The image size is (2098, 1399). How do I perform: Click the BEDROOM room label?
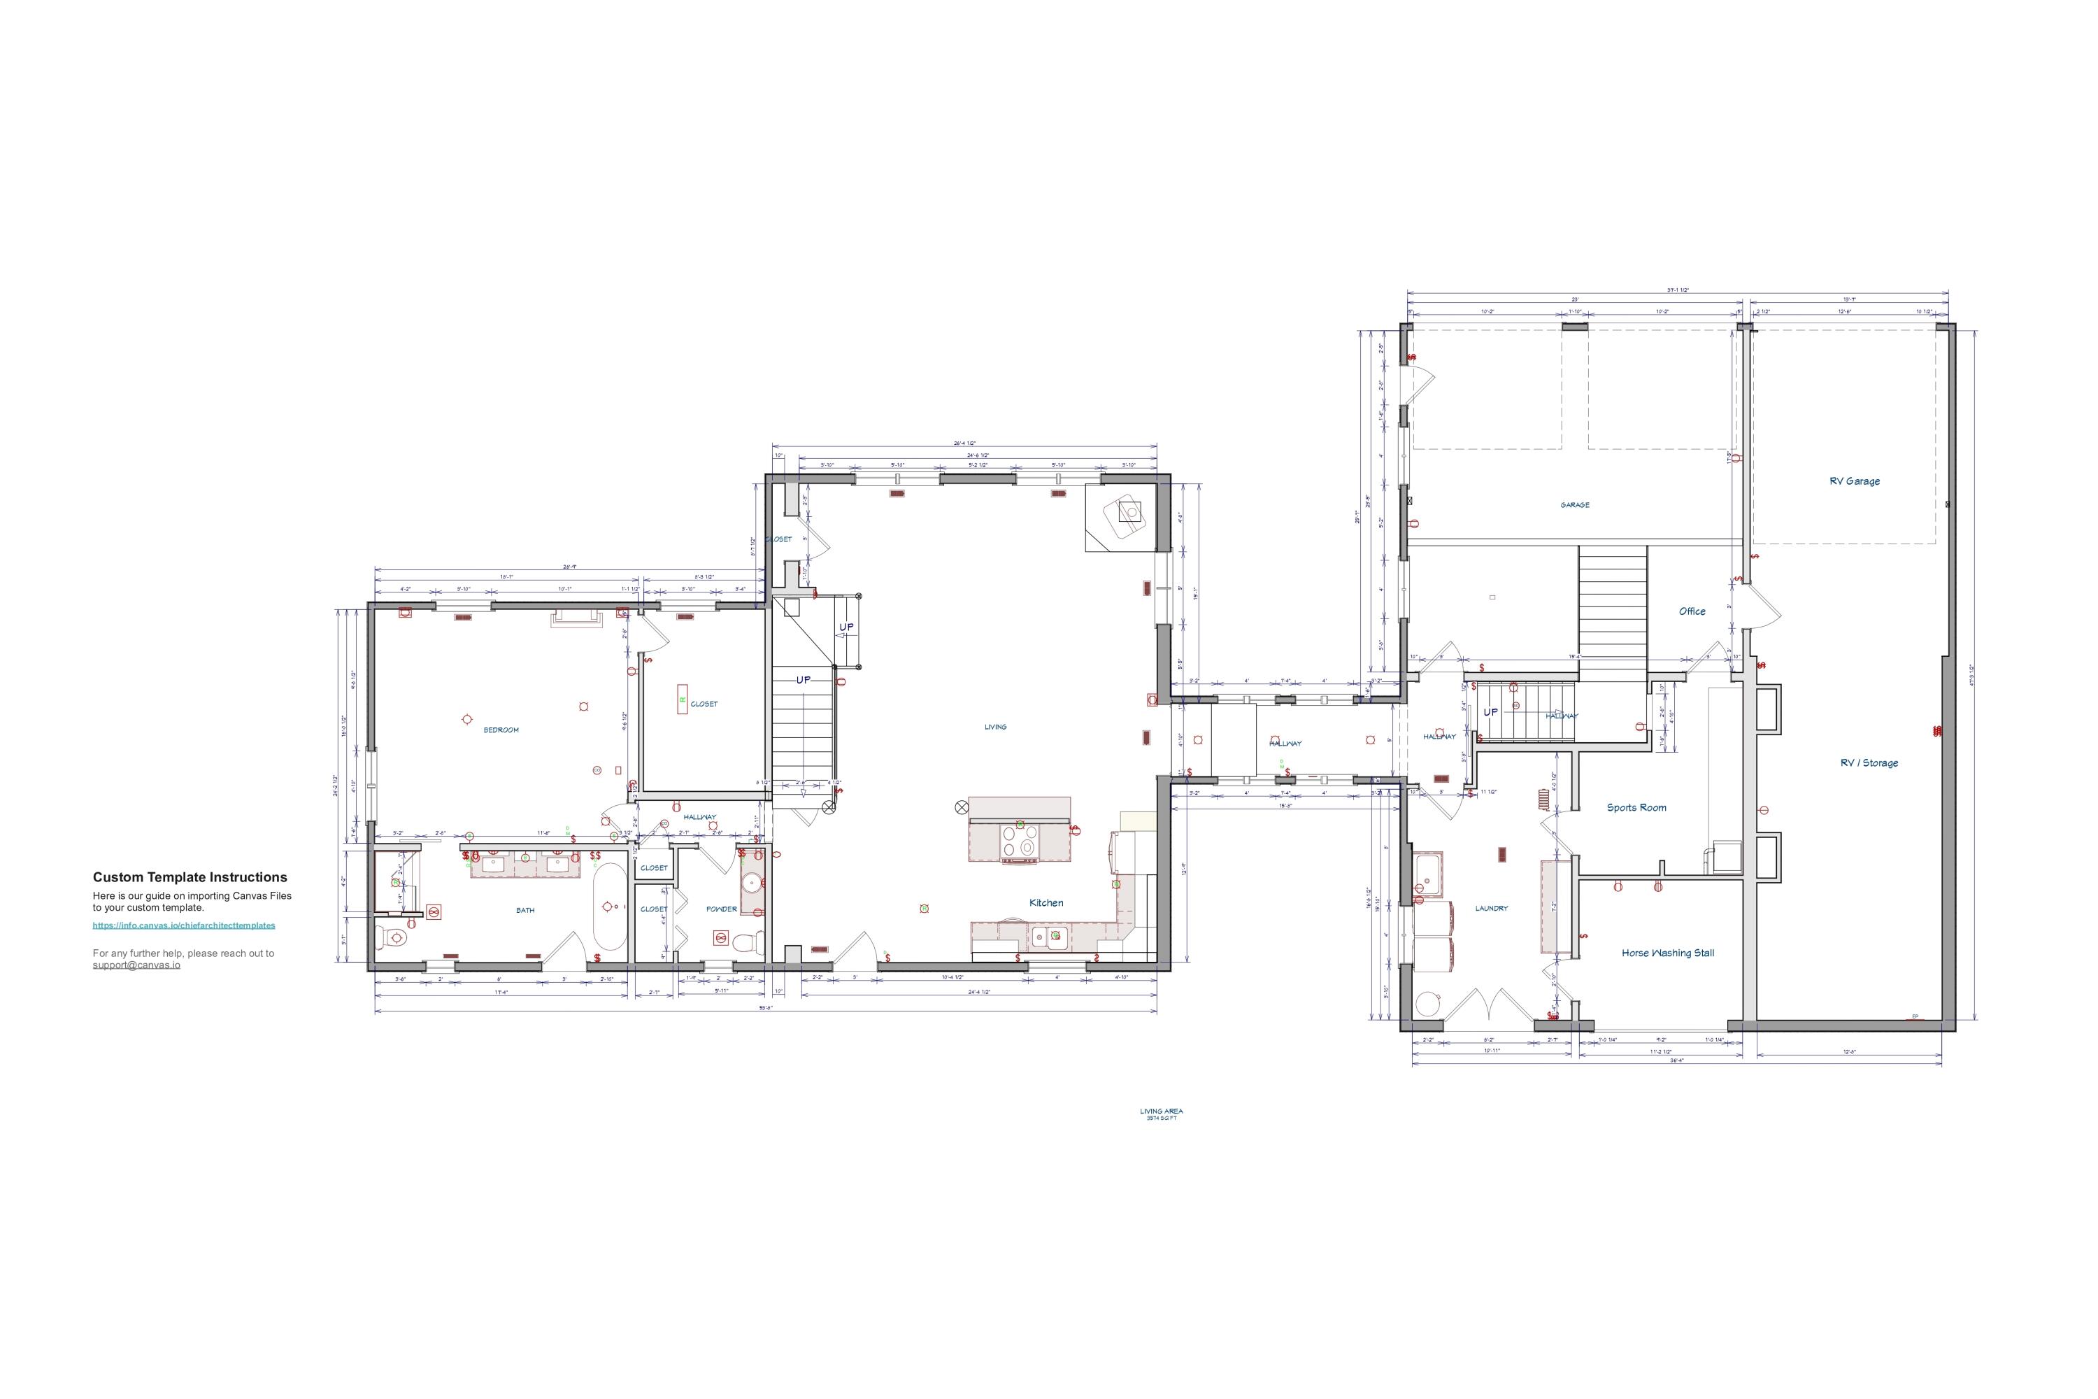pyautogui.click(x=501, y=730)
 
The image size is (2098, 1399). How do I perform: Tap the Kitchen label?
pyautogui.click(x=1046, y=903)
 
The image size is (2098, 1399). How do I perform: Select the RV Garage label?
pyautogui.click(x=1855, y=481)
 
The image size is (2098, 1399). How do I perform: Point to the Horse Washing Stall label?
pyautogui.click(x=1667, y=953)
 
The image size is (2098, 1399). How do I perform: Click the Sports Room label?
pyautogui.click(x=1636, y=807)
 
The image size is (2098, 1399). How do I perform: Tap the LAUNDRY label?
pyautogui.click(x=1492, y=908)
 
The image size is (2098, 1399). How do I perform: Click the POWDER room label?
pyautogui.click(x=722, y=909)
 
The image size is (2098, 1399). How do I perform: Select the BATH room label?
pyautogui.click(x=525, y=910)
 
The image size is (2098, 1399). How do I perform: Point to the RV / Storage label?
pyautogui.click(x=1869, y=763)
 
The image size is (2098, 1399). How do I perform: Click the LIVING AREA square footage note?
pyautogui.click(x=1162, y=1114)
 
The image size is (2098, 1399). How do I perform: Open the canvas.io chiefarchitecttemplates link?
pyautogui.click(x=184, y=925)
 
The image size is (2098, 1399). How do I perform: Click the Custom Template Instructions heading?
pyautogui.click(x=190, y=877)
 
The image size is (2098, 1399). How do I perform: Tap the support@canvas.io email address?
pyautogui.click(x=136, y=965)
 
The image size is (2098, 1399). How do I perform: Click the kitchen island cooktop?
pyautogui.click(x=1020, y=841)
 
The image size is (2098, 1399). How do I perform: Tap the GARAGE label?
pyautogui.click(x=1574, y=505)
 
